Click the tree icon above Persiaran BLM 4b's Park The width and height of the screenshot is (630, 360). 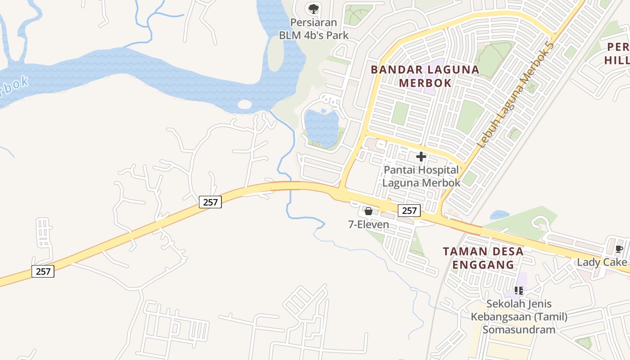[313, 9]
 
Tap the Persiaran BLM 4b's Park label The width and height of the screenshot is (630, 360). [314, 29]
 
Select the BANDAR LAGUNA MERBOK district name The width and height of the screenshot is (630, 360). [425, 76]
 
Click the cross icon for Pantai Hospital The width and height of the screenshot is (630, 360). [421, 157]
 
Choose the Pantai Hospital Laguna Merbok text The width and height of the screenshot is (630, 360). [421, 176]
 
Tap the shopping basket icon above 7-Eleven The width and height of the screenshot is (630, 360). [369, 211]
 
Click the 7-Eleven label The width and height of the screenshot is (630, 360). [369, 224]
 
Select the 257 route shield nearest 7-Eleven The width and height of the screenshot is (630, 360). [409, 211]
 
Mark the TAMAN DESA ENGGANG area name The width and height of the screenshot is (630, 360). [483, 258]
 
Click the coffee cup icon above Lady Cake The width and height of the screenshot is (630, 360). [619, 249]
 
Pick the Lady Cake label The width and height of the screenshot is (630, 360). [602, 262]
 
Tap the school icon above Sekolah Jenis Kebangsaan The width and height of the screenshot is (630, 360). [519, 291]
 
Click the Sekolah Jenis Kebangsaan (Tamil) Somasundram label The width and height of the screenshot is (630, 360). [519, 317]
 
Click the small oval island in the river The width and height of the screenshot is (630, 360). [244, 104]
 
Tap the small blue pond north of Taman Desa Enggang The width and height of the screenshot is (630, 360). [499, 215]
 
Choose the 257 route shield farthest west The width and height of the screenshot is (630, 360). [43, 271]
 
